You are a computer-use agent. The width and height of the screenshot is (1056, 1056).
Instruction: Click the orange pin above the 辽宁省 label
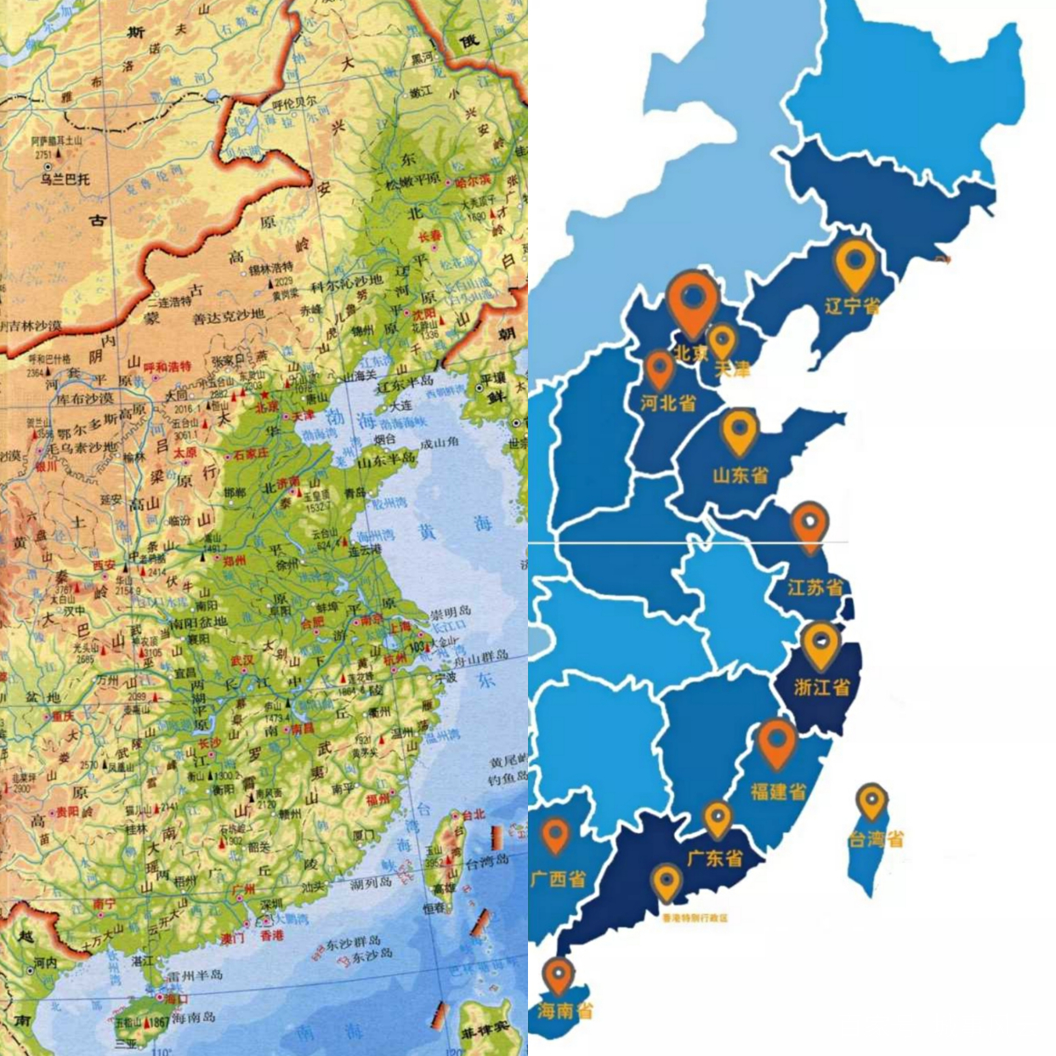click(x=854, y=264)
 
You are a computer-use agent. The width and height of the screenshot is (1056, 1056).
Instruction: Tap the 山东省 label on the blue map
click(x=740, y=474)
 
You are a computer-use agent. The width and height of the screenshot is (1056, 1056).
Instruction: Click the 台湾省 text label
click(x=875, y=839)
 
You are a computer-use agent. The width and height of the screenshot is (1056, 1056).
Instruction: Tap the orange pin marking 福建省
click(x=776, y=741)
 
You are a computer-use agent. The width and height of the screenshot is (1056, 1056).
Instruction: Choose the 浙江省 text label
click(x=821, y=686)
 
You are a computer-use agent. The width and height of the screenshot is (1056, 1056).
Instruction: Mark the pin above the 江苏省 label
click(x=809, y=526)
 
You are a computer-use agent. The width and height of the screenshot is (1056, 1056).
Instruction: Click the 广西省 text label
click(x=559, y=878)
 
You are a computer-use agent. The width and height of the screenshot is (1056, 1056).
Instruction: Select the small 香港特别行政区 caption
click(x=695, y=918)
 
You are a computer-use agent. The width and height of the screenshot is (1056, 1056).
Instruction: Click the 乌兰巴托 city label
click(x=65, y=179)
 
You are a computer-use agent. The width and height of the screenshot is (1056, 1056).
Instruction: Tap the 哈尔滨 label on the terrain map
click(x=472, y=180)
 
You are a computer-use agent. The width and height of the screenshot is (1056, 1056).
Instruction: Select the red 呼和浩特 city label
click(x=167, y=366)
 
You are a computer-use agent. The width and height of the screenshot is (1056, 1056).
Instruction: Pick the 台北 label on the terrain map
click(x=473, y=814)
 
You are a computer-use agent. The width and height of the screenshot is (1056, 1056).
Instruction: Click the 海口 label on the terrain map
click(x=175, y=998)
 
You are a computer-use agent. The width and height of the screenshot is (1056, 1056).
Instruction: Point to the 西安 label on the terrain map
click(x=104, y=565)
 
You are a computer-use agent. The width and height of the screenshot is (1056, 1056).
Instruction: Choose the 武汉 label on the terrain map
click(x=242, y=660)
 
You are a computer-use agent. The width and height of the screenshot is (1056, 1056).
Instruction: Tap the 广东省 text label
click(x=714, y=858)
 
